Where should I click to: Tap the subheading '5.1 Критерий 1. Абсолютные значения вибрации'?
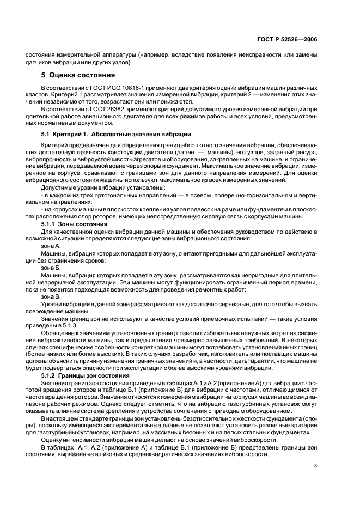point(116,134)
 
